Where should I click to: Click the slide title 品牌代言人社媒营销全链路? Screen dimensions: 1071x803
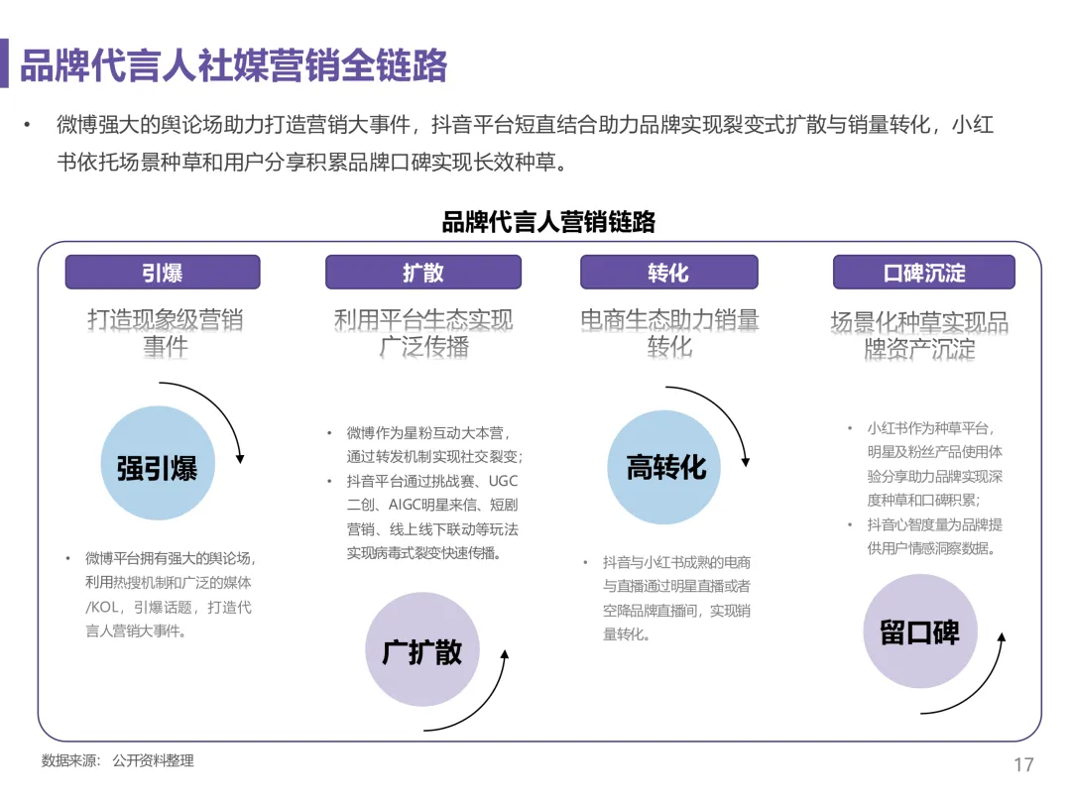[x=234, y=65]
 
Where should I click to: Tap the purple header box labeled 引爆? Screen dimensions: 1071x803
[x=163, y=273]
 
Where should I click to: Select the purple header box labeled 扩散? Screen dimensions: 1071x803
[x=423, y=273]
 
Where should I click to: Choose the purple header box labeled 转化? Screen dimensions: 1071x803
[x=668, y=273]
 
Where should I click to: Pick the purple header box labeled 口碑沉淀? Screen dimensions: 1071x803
[x=923, y=273]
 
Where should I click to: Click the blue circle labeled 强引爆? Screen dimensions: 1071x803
[x=157, y=468]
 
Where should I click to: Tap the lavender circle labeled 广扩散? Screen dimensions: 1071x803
[x=421, y=650]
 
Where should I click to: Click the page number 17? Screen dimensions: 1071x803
[x=1023, y=764]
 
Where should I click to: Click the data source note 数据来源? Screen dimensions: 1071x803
[x=117, y=761]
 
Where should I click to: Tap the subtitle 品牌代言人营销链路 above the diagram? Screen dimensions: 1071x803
[x=548, y=221]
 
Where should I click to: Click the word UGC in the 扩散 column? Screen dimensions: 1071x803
[x=504, y=481]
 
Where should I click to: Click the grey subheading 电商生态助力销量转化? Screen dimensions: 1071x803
[x=669, y=333]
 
